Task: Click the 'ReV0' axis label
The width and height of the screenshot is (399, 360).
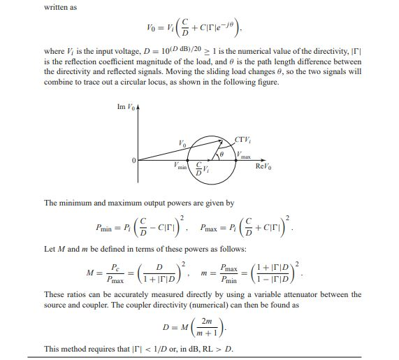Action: [265, 166]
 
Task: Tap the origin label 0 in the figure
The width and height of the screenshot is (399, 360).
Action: [129, 160]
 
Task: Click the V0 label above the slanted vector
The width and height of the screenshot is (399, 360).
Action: [182, 143]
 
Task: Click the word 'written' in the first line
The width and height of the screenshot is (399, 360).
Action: [57, 9]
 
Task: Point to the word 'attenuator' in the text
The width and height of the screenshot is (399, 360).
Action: [282, 294]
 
